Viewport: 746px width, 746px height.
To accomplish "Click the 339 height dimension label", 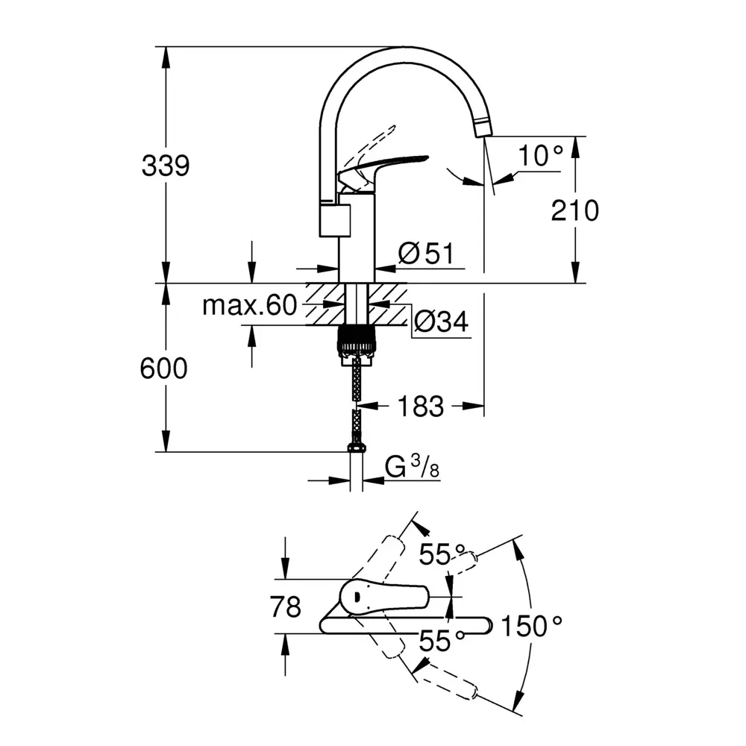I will (166, 166).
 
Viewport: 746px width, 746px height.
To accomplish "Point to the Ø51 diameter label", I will (426, 254).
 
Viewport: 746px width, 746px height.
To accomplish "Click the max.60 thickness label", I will (249, 305).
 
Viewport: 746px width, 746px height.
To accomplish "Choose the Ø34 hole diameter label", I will (440, 322).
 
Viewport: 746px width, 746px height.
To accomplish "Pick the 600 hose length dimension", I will (164, 368).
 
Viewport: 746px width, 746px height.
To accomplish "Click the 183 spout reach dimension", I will (420, 407).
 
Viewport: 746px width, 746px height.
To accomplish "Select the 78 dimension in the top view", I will (286, 606).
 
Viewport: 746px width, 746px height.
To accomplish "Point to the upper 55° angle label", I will (439, 554).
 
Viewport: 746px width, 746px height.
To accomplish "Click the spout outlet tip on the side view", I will (483, 130).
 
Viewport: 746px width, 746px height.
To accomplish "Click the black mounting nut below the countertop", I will (357, 341).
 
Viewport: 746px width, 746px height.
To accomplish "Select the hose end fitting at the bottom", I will (357, 448).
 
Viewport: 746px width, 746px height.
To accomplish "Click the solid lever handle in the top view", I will (383, 597).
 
